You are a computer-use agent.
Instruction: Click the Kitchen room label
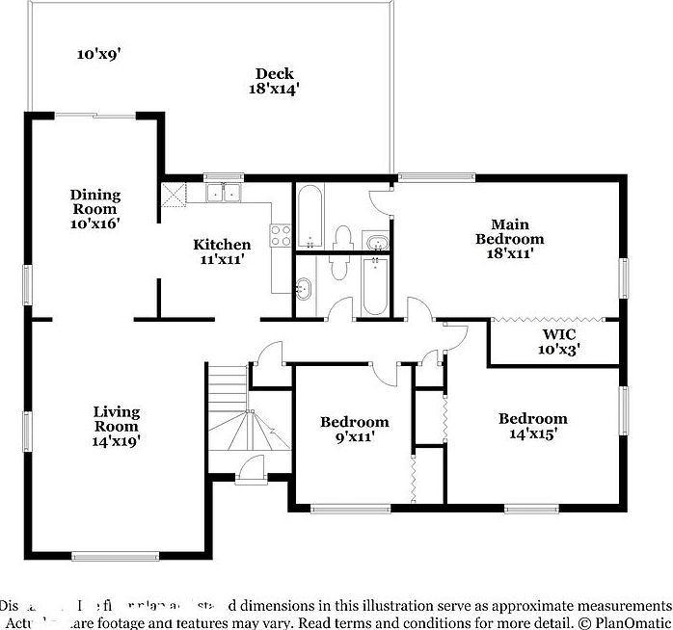[222, 245]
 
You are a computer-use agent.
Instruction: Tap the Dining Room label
[94, 201]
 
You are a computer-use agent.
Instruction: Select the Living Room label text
[117, 419]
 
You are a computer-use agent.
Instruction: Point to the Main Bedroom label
[511, 231]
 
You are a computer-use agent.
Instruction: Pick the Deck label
[274, 73]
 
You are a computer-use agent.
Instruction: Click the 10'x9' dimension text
[98, 54]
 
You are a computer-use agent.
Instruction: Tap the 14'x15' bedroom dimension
[532, 434]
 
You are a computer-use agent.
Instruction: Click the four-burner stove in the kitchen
[281, 236]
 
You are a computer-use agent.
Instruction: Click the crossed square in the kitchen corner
[173, 194]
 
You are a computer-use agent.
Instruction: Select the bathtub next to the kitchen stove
[310, 215]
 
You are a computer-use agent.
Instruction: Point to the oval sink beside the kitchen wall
[304, 287]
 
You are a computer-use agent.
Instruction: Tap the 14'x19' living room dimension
[117, 442]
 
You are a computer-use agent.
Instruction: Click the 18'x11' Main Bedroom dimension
[511, 253]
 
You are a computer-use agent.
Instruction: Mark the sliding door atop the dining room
[94, 116]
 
